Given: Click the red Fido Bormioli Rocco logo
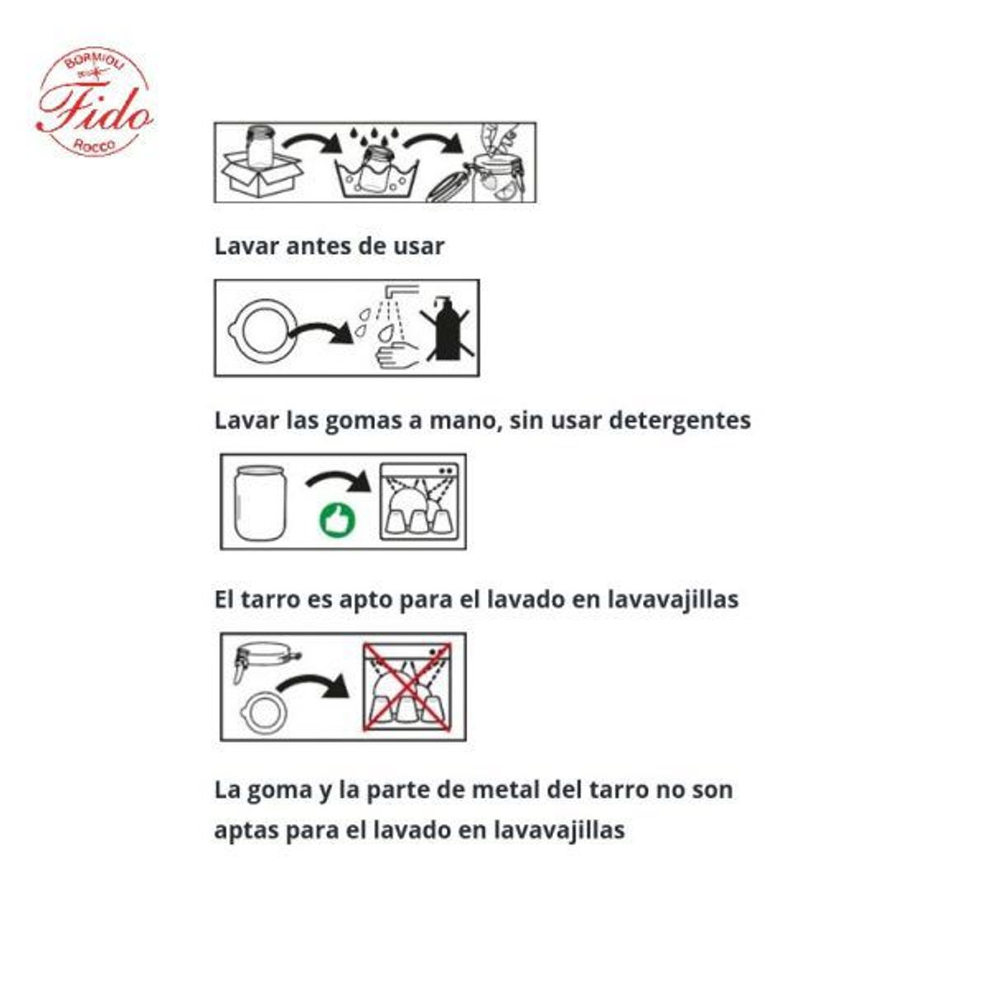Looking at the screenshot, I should (94, 101).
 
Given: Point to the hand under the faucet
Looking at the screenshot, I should (393, 357).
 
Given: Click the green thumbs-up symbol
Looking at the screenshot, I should (338, 520).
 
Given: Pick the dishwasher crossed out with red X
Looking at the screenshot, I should (407, 687).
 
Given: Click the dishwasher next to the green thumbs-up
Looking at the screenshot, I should (420, 502).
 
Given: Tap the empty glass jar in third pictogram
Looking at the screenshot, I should (260, 503).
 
